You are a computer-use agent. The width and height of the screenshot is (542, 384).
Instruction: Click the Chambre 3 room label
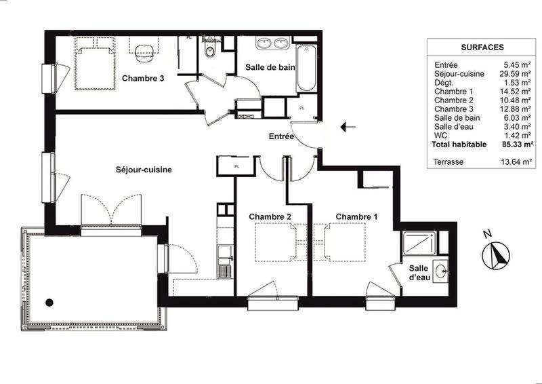click(x=143, y=78)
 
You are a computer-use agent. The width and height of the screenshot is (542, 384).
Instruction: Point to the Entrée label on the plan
click(x=281, y=136)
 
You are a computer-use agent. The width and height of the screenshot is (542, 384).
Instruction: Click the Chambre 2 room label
click(x=270, y=216)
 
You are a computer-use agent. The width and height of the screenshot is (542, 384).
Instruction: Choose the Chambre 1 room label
click(x=357, y=216)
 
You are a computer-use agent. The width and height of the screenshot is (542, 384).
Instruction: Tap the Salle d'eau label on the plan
click(x=419, y=273)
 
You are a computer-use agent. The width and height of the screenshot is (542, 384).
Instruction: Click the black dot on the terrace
click(x=49, y=303)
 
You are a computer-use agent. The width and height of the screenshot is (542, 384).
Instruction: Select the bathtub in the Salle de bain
click(x=306, y=68)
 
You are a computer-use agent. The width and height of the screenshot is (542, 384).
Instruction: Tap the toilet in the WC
click(x=210, y=50)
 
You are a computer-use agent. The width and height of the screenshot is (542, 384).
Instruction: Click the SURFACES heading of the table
click(x=481, y=47)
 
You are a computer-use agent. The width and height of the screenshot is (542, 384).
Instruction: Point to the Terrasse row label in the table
click(x=449, y=162)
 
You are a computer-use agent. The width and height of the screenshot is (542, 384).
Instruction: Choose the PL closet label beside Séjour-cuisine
click(x=236, y=166)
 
